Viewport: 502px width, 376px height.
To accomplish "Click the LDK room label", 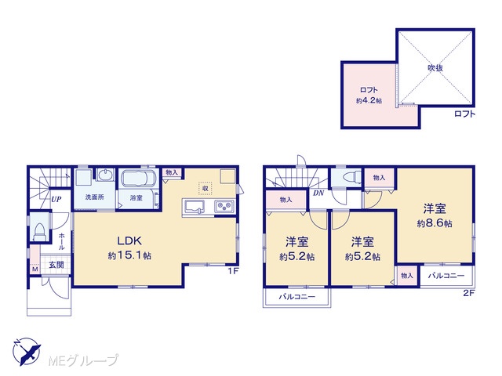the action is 129,240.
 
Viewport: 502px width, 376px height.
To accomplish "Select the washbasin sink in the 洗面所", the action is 105,175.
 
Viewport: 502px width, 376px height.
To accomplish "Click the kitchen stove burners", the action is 224,205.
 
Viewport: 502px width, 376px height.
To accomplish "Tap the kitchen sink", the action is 195,207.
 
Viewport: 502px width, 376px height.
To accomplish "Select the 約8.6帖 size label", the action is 435,223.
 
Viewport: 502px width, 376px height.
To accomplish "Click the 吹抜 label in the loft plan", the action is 435,68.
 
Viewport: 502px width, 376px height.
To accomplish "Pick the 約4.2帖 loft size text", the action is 369,100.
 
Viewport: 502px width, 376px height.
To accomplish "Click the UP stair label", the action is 56,200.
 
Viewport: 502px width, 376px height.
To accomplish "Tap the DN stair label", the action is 318,193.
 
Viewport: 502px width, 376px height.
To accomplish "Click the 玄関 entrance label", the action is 56,265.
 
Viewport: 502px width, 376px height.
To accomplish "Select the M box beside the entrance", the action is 35,269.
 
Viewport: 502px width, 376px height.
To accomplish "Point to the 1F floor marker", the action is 233,272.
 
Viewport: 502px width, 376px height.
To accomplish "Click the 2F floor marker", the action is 468,293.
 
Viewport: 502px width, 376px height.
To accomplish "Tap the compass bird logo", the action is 27,351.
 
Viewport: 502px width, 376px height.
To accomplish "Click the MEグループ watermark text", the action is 83,360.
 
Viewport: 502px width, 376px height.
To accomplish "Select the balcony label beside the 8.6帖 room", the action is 446,275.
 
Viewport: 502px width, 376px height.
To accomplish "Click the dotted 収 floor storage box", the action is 206,188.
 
